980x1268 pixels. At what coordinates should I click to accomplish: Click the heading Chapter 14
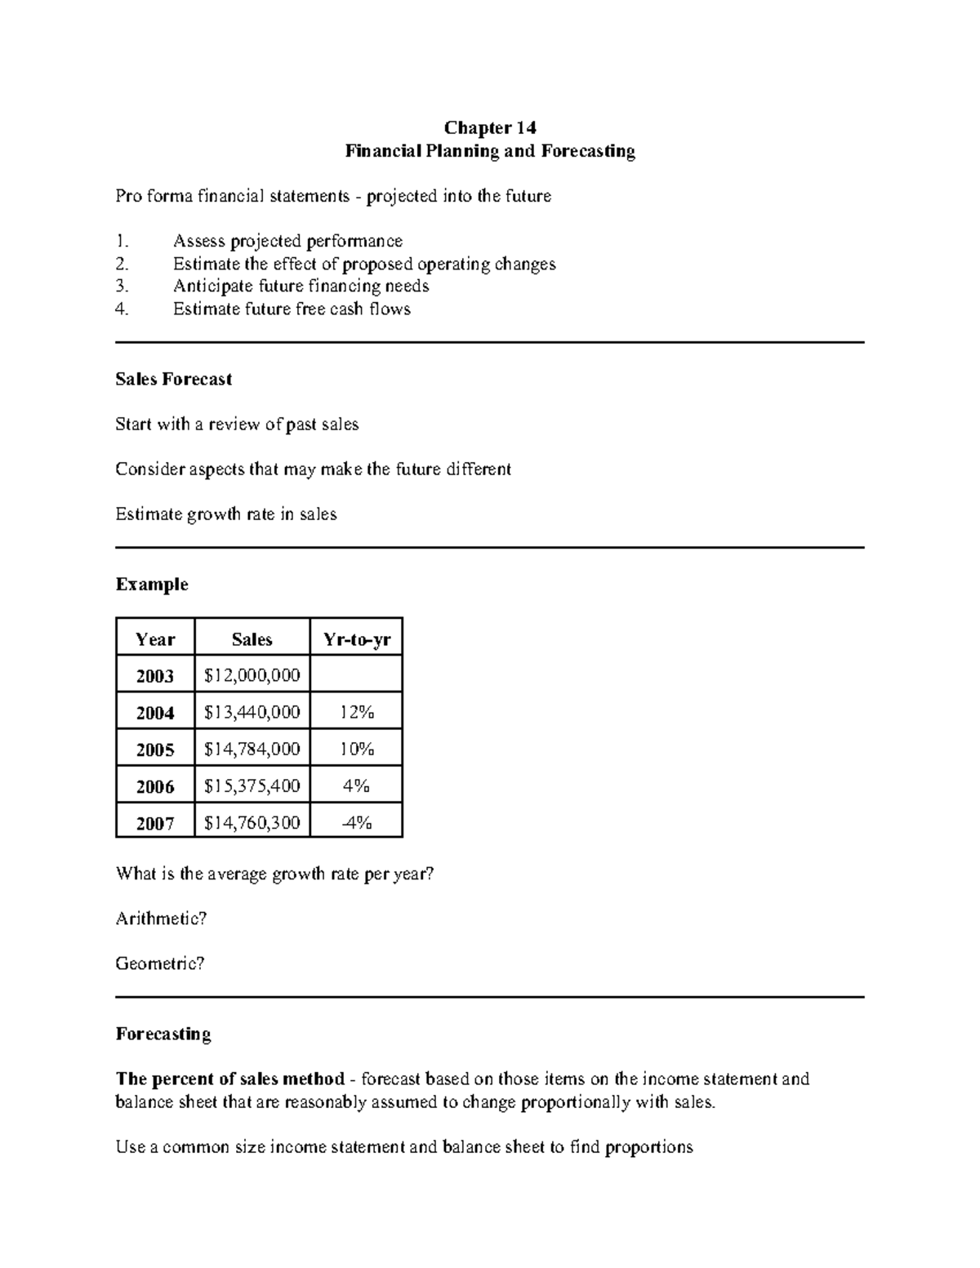(489, 127)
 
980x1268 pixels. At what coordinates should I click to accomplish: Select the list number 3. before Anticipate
(122, 287)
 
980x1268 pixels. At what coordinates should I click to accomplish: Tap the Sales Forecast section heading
(173, 379)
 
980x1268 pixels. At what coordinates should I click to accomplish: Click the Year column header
(155, 639)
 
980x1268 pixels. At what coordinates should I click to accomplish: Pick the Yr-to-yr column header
(357, 639)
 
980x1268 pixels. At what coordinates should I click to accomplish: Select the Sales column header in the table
(252, 639)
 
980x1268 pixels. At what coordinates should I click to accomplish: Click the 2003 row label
(155, 676)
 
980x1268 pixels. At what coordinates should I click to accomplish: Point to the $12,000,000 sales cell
(252, 675)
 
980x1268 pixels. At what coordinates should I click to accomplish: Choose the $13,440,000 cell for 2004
(252, 713)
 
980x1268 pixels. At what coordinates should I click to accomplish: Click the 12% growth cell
(357, 713)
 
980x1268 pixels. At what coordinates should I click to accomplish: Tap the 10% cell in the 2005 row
(357, 749)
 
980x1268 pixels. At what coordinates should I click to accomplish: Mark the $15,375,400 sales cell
(252, 785)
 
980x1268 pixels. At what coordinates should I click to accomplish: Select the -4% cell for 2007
(357, 822)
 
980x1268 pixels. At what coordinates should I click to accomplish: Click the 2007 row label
(155, 823)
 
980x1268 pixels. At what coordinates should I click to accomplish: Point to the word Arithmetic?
(161, 919)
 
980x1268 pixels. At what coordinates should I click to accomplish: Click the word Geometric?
(160, 963)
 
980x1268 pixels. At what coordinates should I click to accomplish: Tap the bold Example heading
(152, 585)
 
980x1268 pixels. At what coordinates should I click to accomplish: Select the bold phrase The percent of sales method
(230, 1079)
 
